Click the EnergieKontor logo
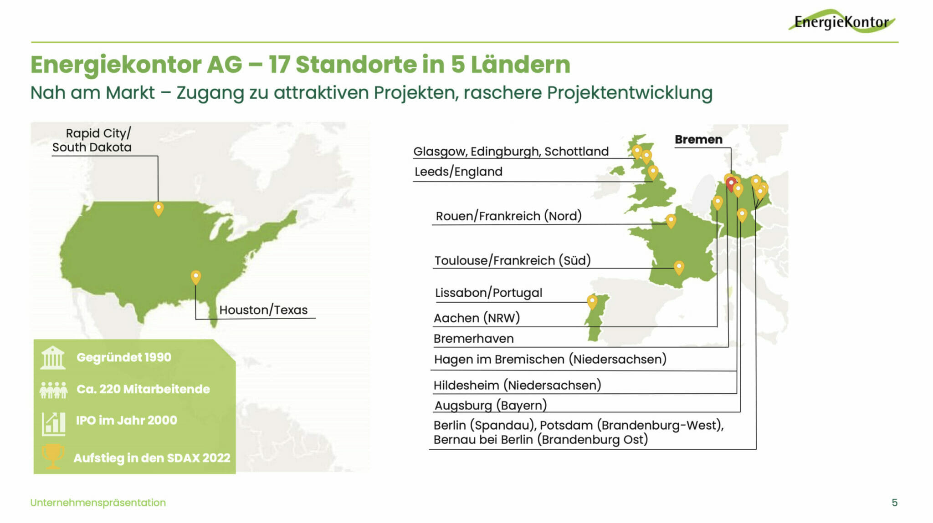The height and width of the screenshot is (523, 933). [842, 21]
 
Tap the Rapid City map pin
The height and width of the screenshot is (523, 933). [158, 208]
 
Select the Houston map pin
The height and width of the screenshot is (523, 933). [195, 277]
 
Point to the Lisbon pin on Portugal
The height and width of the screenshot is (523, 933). [592, 302]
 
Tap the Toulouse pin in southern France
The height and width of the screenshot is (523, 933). [679, 267]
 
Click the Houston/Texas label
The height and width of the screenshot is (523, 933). [263, 310]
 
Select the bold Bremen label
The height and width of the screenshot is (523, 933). [698, 139]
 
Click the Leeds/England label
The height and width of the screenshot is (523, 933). [458, 172]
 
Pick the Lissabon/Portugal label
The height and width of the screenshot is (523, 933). [488, 293]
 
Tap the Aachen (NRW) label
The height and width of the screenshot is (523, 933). [477, 318]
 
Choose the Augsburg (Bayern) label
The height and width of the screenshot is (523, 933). [490, 405]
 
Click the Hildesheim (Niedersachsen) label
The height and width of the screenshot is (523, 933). [517, 385]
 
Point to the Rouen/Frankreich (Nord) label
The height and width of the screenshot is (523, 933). [508, 216]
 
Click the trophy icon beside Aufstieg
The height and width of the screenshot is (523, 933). [53, 457]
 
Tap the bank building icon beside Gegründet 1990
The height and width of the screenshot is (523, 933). [53, 358]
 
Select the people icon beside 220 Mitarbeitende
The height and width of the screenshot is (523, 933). [53, 390]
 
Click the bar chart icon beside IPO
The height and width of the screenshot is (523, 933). [53, 424]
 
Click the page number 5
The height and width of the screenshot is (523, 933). [895, 503]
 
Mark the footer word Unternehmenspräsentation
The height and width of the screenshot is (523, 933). [98, 503]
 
